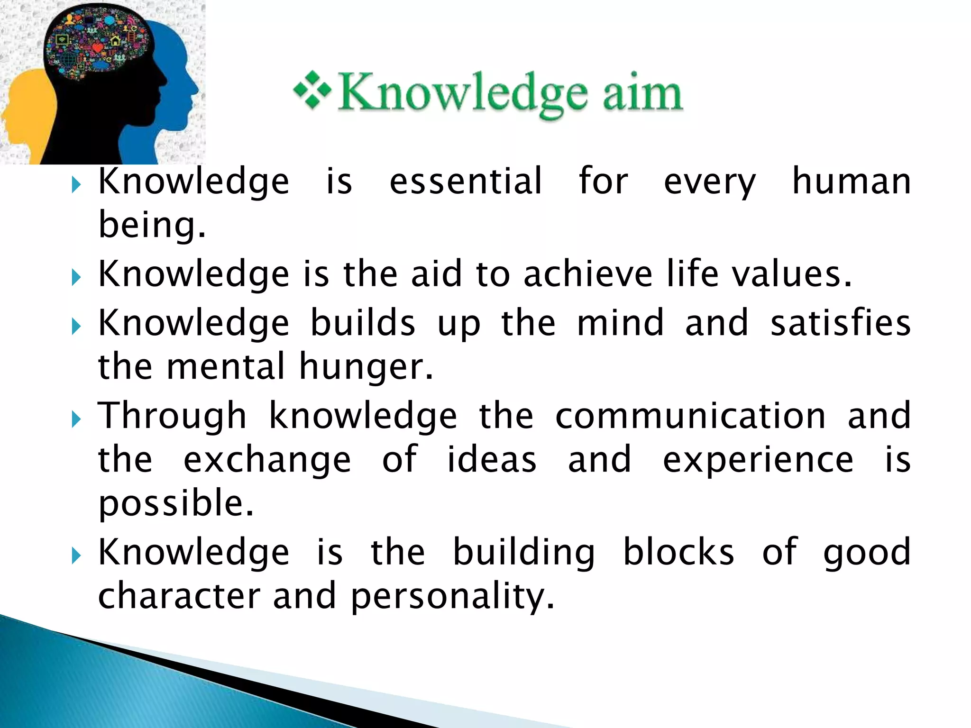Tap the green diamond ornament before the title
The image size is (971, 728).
coord(312,90)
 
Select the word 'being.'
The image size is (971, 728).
coord(152,225)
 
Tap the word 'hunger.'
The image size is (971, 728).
coord(366,367)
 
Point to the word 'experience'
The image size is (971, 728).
coord(758,460)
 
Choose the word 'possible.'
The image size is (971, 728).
coord(176,503)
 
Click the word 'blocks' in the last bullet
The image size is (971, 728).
coord(678,552)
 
